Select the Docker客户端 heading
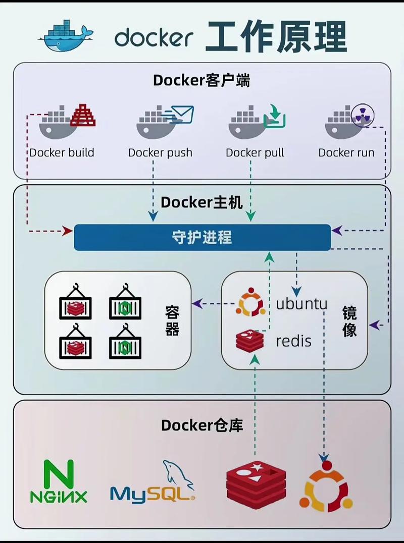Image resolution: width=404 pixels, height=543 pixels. pyautogui.click(x=201, y=80)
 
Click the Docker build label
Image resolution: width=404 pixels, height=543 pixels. pyautogui.click(x=62, y=152)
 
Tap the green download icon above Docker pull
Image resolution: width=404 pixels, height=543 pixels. pyautogui.click(x=276, y=116)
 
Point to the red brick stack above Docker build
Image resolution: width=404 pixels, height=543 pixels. pyautogui.click(x=83, y=115)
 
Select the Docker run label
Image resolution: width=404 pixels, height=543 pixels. pyautogui.click(x=346, y=152)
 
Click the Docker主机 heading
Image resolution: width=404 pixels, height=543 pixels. pyautogui.click(x=201, y=202)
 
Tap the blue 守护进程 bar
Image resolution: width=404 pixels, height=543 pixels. pyautogui.click(x=202, y=237)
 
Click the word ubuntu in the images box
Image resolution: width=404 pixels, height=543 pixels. pyautogui.click(x=301, y=304)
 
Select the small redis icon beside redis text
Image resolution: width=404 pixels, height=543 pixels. pyautogui.click(x=250, y=341)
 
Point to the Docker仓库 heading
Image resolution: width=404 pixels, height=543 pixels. pyautogui.click(x=202, y=425)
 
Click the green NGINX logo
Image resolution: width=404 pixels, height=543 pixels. pyautogui.click(x=59, y=481)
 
